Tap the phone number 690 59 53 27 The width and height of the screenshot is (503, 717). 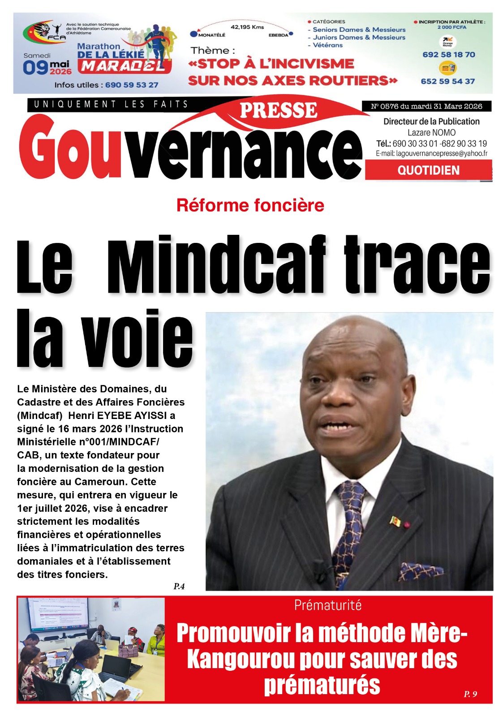(132, 85)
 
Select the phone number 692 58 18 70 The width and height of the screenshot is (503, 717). (448, 55)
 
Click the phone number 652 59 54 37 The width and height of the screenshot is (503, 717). (447, 81)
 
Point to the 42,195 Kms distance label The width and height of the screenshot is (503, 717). (247, 27)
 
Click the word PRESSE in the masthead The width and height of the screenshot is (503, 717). (278, 111)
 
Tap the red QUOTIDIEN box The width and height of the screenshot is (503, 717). (428, 170)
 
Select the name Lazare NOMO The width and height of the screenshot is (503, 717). (431, 133)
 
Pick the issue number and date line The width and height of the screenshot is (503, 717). (426, 106)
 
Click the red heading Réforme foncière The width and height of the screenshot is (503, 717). (250, 205)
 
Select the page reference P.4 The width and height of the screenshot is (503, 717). (179, 586)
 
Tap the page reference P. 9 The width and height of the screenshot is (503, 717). (470, 694)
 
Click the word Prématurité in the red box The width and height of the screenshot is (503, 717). (327, 605)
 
